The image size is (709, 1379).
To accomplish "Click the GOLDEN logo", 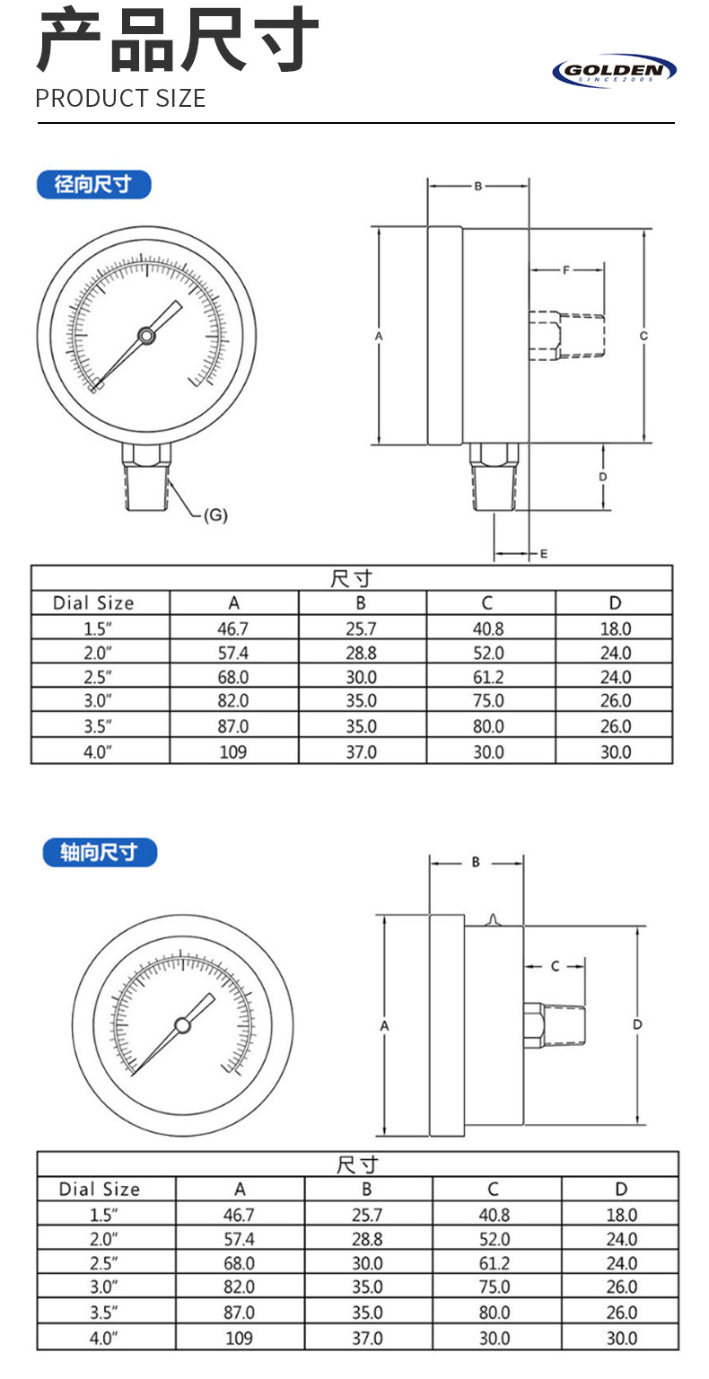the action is tap(614, 71).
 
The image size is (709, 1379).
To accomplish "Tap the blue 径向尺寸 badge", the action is tap(93, 184).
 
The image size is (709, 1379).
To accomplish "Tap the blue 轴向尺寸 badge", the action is tap(100, 852).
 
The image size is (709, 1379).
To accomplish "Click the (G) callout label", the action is tap(215, 514).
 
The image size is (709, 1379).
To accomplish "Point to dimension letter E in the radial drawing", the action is tap(544, 553).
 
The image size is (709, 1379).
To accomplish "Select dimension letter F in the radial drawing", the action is tap(566, 269).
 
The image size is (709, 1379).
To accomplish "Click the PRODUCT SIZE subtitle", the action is tap(120, 99).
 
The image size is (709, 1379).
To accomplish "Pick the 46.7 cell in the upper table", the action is tap(232, 628).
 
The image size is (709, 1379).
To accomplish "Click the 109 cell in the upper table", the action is tap(232, 751).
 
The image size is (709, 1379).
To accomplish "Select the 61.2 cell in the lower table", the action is tap(495, 1263).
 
